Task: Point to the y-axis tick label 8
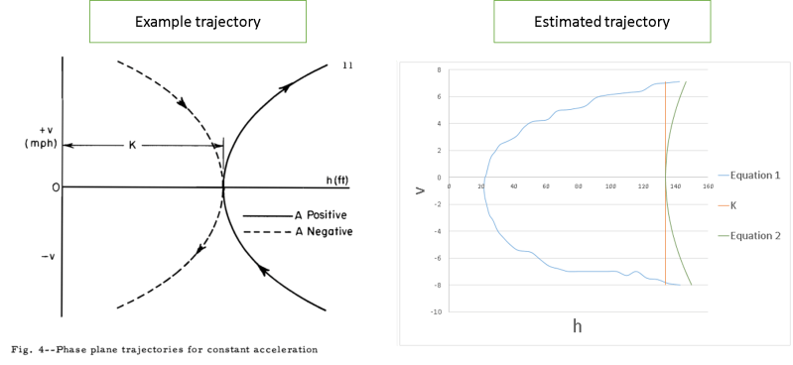point(439,70)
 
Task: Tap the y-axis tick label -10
point(436,311)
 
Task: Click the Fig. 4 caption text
point(165,348)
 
